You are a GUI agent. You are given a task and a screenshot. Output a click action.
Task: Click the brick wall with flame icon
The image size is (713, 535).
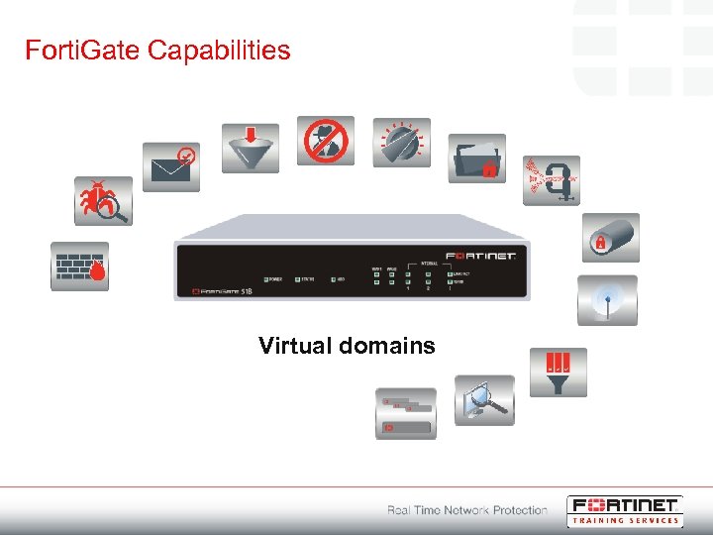pos(80,266)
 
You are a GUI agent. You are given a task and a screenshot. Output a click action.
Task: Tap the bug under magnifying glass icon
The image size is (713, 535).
pos(103,202)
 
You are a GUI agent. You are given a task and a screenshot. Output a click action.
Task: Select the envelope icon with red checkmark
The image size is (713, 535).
pos(170,166)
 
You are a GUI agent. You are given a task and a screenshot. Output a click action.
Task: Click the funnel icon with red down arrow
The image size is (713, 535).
pos(250,148)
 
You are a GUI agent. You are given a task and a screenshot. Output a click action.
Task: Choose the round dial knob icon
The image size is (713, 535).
pos(401,143)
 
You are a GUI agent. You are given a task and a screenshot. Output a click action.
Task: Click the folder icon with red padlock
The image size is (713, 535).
pos(476,159)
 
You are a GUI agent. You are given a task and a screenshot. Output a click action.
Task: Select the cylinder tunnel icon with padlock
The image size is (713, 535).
pos(609,238)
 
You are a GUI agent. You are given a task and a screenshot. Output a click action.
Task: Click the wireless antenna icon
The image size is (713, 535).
pos(607,300)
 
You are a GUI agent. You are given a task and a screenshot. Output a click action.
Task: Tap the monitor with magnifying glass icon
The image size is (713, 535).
pos(484,400)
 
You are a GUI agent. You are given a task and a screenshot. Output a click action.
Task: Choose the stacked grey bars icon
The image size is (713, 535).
pos(405,413)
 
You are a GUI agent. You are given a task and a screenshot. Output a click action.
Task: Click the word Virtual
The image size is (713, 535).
pos(293,346)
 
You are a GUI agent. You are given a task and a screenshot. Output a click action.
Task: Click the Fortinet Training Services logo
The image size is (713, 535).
pos(624,510)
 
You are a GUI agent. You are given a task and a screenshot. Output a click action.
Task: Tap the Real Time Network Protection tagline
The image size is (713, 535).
pos(466,510)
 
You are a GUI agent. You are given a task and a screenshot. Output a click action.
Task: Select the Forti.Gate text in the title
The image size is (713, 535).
pos(83,50)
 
